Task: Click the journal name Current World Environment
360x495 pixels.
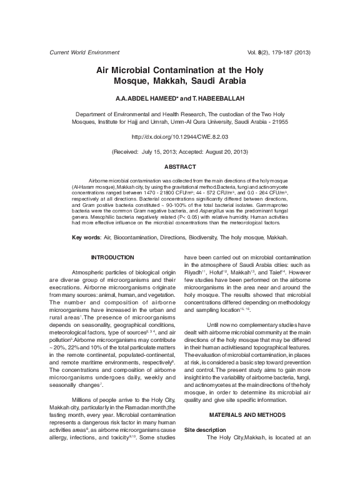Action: pos(84,52)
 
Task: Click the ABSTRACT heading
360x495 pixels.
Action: pos(180,167)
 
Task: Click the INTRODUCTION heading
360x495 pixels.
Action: pos(112,257)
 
